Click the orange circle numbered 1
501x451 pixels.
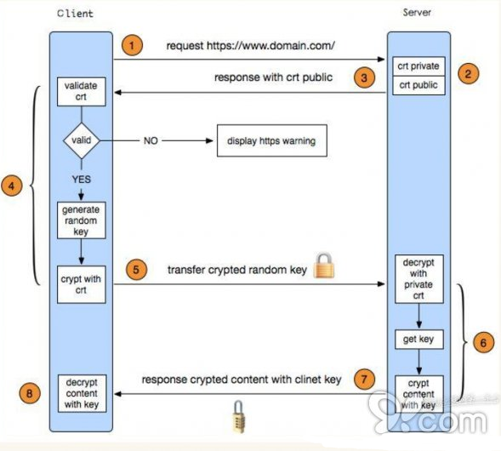pos(132,45)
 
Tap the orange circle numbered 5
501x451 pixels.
pos(136,270)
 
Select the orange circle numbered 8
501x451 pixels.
pos(30,393)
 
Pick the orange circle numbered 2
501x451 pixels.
pos(468,74)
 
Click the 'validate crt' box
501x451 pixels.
pos(81,91)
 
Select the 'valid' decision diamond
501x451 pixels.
pos(81,140)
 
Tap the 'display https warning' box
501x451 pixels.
pos(272,140)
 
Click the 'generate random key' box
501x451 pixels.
pos(81,220)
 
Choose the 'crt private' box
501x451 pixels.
pos(418,66)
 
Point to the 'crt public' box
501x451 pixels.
pos(418,85)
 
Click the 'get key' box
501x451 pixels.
pos(418,340)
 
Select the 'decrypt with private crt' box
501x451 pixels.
pos(418,279)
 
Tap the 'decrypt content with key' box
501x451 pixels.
pos(82,393)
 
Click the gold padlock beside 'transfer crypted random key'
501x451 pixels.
pos(324,265)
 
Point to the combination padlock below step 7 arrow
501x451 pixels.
pos(238,417)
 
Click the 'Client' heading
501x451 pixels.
pos(76,14)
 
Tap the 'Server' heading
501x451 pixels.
pos(417,13)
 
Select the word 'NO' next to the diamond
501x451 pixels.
pos(151,140)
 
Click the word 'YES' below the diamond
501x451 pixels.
pos(81,180)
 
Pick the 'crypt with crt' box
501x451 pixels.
pos(81,284)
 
